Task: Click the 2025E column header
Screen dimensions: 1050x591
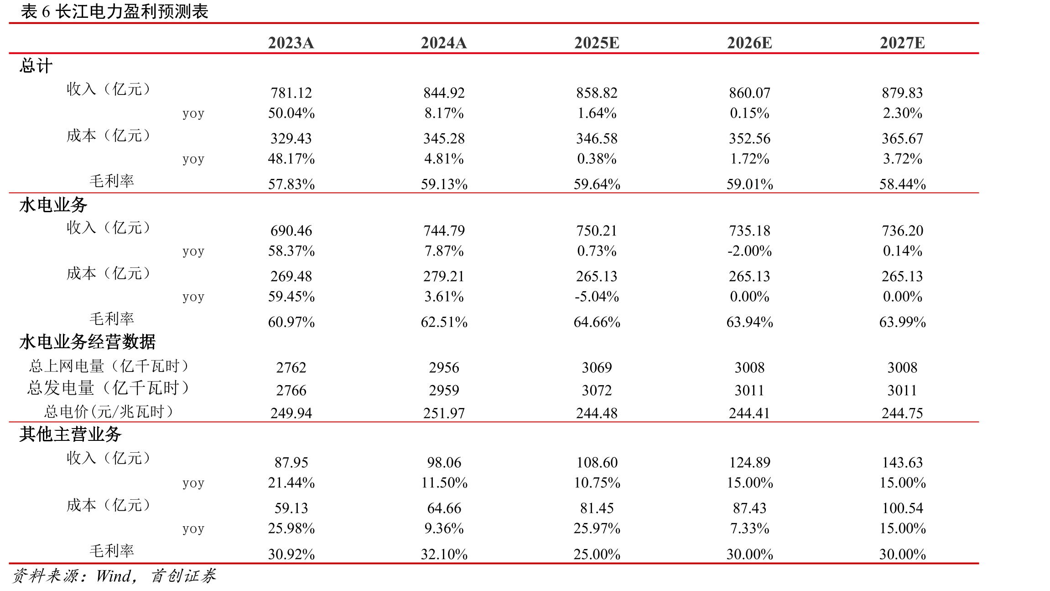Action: tap(597, 43)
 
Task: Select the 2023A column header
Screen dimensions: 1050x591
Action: tap(291, 43)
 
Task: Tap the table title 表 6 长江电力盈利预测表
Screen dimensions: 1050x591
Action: tap(114, 11)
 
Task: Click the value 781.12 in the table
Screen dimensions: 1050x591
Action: tap(291, 93)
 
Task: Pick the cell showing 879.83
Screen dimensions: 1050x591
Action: tap(902, 93)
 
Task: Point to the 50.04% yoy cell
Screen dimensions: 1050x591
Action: tap(291, 113)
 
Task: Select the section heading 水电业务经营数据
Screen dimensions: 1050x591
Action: tap(88, 342)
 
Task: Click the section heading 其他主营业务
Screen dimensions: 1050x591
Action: tap(70, 434)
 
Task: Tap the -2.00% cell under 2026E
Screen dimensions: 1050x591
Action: tap(749, 251)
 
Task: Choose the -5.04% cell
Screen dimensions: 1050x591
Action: tap(597, 296)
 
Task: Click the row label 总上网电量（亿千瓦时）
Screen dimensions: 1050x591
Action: tap(109, 366)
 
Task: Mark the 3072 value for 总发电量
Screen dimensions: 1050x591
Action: tap(597, 390)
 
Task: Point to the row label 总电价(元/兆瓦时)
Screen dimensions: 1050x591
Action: tap(109, 412)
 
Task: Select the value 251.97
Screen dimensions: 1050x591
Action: tap(444, 413)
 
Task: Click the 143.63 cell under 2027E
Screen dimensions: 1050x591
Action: tap(902, 462)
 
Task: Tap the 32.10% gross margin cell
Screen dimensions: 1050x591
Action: tap(444, 554)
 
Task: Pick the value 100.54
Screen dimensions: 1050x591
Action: tap(902, 508)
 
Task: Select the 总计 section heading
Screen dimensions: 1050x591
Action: tap(36, 66)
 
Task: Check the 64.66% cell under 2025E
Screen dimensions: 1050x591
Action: tap(597, 322)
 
